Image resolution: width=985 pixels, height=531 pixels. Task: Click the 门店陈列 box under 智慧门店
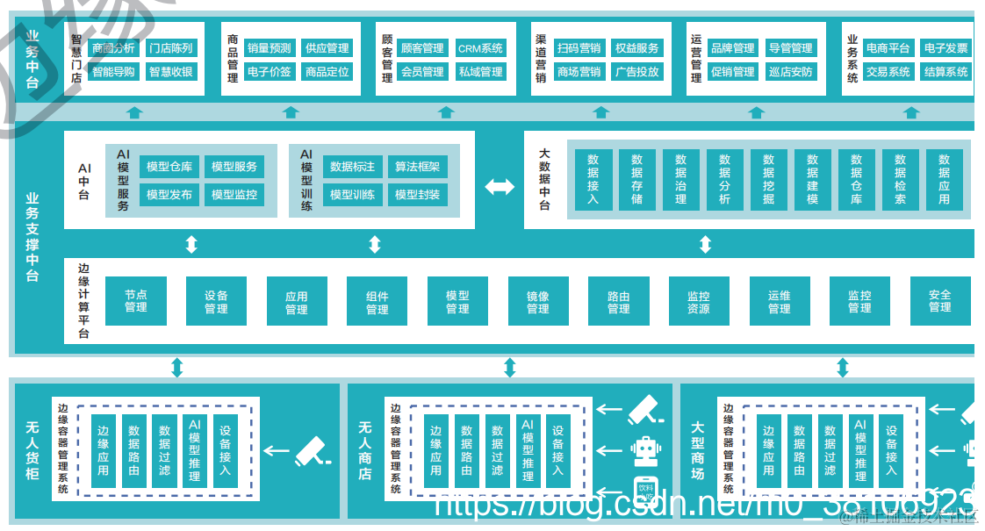(x=170, y=48)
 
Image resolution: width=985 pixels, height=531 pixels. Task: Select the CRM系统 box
(x=480, y=48)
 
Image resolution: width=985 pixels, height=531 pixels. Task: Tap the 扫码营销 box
(x=579, y=48)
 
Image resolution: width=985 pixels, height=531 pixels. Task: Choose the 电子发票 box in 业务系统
(x=945, y=48)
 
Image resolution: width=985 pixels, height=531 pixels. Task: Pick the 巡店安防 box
(x=790, y=72)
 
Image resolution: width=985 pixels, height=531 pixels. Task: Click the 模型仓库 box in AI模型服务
(x=169, y=167)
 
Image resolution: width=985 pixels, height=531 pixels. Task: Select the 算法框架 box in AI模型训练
(x=418, y=167)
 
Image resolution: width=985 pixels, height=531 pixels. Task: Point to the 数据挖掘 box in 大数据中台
(x=768, y=179)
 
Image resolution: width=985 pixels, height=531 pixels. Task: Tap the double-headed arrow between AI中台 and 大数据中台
(x=500, y=186)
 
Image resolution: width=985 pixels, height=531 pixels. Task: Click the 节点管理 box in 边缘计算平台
(x=135, y=301)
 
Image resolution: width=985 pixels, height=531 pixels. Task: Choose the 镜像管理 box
(x=538, y=301)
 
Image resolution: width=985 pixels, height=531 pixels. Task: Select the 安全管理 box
(x=939, y=301)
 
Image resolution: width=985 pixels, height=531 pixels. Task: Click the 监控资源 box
(x=699, y=301)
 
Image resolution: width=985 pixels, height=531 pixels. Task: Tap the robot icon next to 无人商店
(x=643, y=451)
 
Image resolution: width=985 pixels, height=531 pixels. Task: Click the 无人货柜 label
(x=32, y=451)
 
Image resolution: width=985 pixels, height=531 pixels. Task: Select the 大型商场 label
(x=698, y=451)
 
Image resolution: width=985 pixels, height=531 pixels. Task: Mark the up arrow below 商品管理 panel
(x=291, y=112)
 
